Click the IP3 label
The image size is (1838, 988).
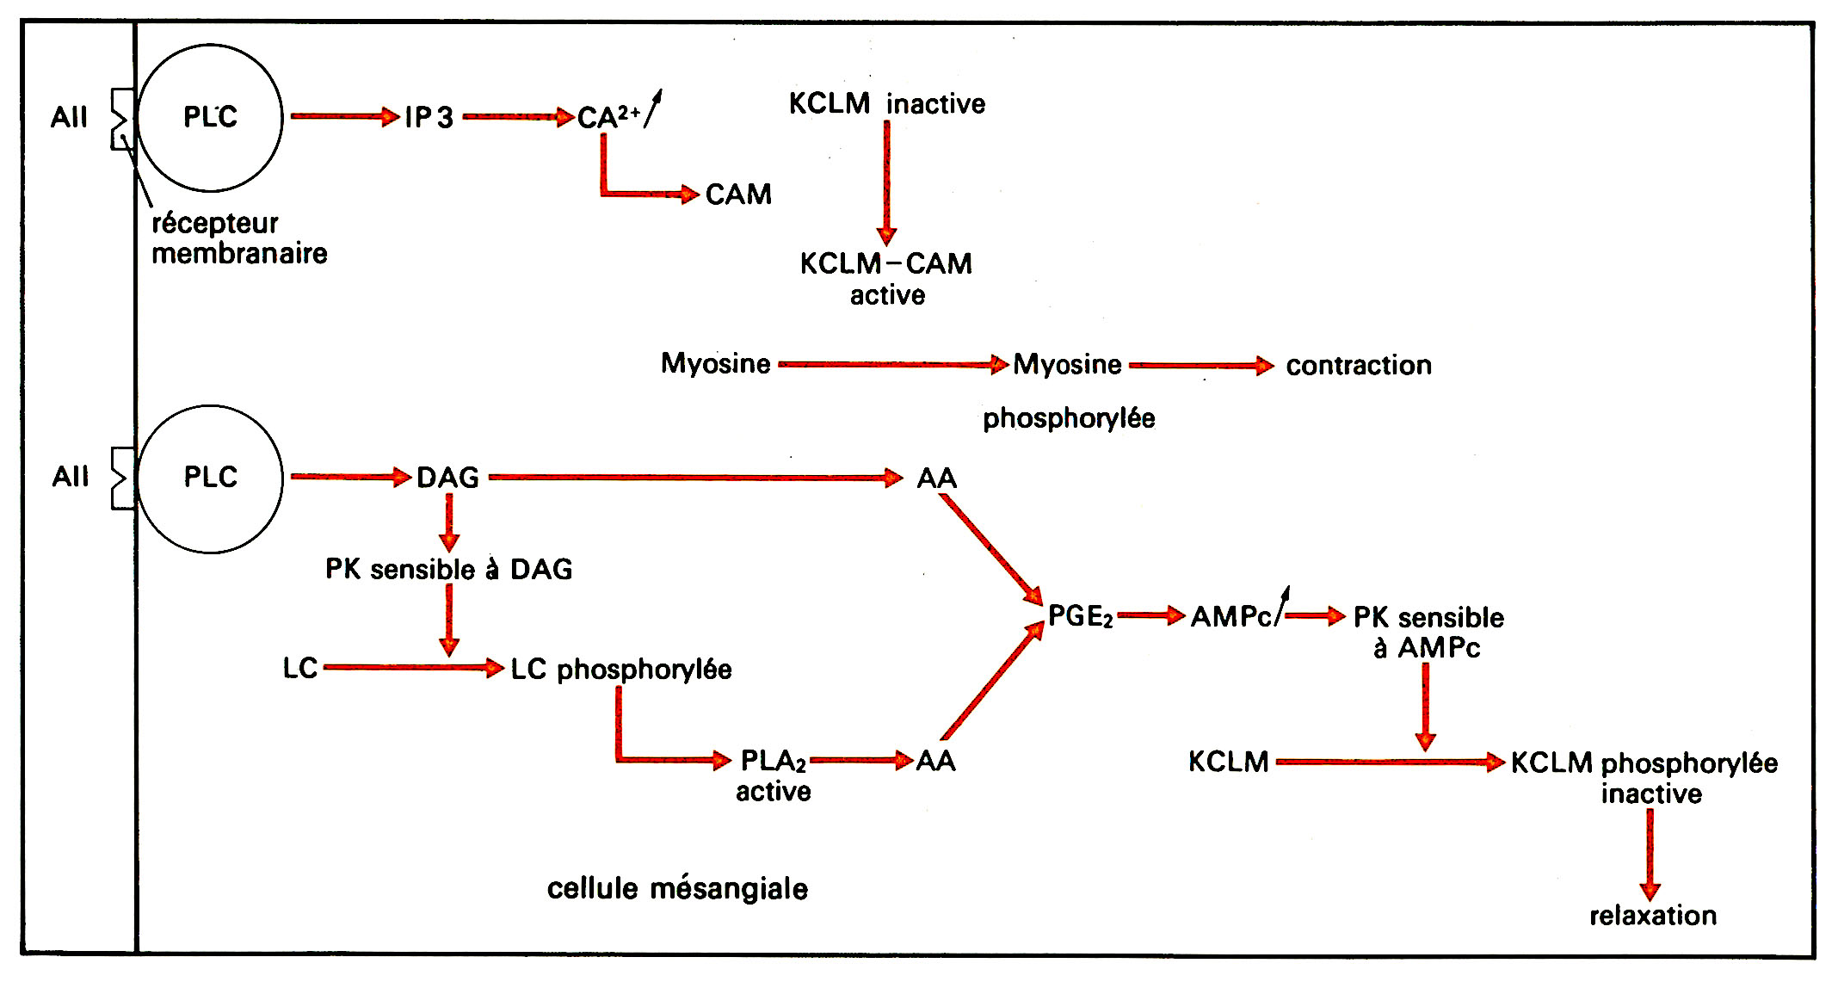point(429,117)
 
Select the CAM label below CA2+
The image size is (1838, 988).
point(738,195)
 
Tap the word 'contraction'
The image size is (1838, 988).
point(1359,366)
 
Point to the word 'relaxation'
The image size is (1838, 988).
point(1652,916)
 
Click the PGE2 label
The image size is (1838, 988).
point(1081,616)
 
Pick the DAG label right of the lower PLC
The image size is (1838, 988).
point(447,478)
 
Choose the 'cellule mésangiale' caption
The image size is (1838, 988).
point(677,888)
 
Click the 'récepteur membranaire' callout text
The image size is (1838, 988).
point(238,238)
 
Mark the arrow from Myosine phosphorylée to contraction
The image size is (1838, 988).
point(1200,366)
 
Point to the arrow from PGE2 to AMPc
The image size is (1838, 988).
point(1151,615)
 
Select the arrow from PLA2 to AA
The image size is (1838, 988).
point(861,760)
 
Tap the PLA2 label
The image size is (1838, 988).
point(773,761)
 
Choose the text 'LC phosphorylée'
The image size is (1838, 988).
point(620,670)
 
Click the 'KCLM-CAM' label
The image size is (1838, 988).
point(886,263)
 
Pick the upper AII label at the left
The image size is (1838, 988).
point(69,117)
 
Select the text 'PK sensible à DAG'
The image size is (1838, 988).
point(448,570)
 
